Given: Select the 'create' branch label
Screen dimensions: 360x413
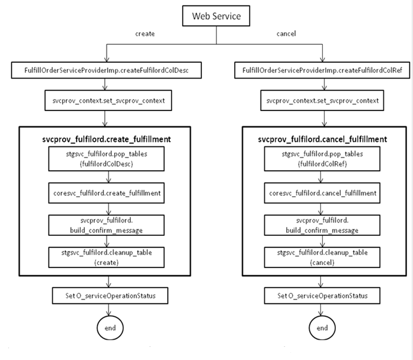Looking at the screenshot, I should click(x=145, y=35).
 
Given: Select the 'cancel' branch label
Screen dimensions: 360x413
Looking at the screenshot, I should click(x=287, y=35).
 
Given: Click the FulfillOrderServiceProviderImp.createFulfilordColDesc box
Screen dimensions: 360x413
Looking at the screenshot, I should click(x=107, y=71).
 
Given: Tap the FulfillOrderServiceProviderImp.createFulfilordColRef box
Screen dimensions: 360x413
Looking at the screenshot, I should click(x=322, y=71).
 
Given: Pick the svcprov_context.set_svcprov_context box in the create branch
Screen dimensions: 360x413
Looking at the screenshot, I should click(x=108, y=100).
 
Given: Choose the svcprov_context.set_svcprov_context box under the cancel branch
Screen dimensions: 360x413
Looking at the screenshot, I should click(x=323, y=100).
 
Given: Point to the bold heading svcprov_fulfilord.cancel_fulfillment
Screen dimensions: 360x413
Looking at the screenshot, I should click(x=322, y=139).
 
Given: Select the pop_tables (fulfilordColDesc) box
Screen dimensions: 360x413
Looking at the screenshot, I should click(x=108, y=159).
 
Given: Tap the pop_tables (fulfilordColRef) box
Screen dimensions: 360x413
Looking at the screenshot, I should click(x=323, y=159).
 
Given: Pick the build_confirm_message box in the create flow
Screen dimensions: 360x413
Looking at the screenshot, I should click(x=108, y=224).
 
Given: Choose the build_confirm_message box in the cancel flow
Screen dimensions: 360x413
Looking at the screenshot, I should click(x=323, y=224).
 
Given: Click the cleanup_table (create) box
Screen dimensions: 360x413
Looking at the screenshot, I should click(x=108, y=257).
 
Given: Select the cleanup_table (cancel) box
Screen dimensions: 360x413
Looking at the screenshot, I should click(x=323, y=257).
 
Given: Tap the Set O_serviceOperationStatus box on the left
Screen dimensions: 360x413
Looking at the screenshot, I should click(x=108, y=296).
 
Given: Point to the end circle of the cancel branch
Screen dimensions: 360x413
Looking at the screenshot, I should click(x=322, y=328).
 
